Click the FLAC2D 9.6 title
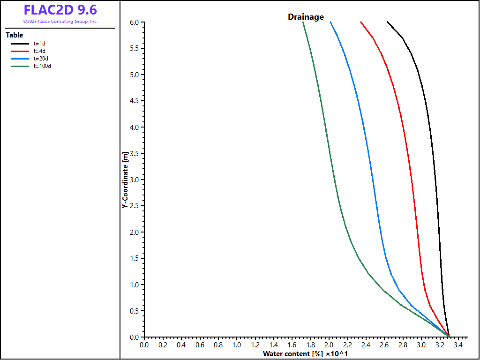[60, 10]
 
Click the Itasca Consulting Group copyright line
[60, 22]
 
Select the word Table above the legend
[14, 35]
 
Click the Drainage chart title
[306, 17]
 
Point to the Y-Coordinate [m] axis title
[125, 180]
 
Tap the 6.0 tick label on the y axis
[135, 22]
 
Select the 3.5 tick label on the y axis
[135, 154]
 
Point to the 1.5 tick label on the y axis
[135, 259]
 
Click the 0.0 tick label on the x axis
[144, 345]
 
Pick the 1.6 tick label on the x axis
[292, 345]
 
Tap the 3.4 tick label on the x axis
[458, 345]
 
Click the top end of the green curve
[303, 22]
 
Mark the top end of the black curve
[387, 22]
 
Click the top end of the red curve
[360, 22]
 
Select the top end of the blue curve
[330, 22]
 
